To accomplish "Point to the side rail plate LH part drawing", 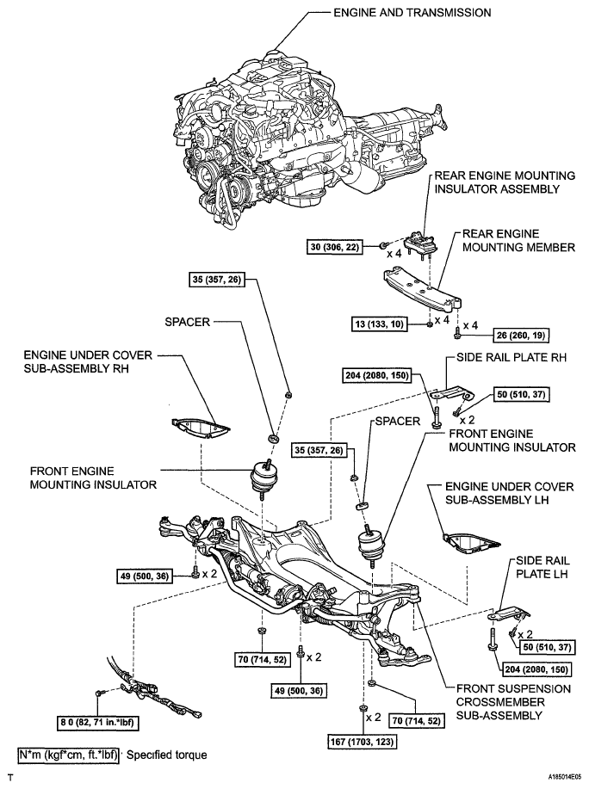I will pos(507,613).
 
